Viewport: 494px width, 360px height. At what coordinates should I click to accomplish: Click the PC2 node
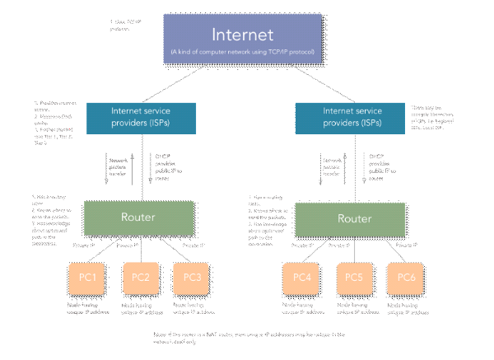[140, 278]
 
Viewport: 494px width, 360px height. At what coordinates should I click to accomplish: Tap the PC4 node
[303, 278]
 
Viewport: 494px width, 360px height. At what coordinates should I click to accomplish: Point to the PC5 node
[355, 278]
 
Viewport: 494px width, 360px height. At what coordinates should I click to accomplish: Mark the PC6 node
[408, 278]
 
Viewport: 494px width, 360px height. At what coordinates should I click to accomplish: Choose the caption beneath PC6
[408, 308]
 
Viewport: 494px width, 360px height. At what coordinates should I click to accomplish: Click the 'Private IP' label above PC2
[128, 245]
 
